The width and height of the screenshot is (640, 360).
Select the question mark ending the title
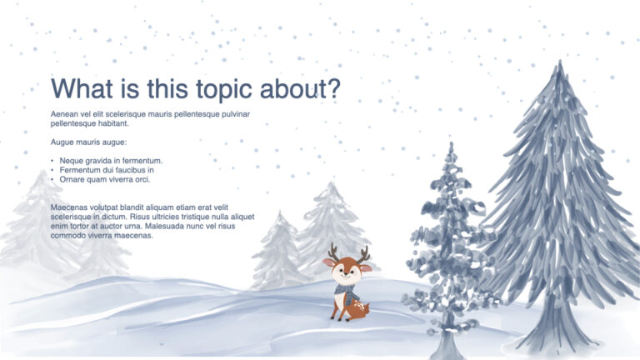tap(332, 89)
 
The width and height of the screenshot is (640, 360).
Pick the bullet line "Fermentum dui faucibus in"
tap(107, 169)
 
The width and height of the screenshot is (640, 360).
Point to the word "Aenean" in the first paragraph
tap(65, 113)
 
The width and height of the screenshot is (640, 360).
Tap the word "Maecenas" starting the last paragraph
tap(69, 207)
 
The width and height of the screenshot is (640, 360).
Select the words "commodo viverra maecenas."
tap(102, 236)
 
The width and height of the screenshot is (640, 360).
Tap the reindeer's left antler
tap(333, 251)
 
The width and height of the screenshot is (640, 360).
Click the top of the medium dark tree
tap(452, 147)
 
